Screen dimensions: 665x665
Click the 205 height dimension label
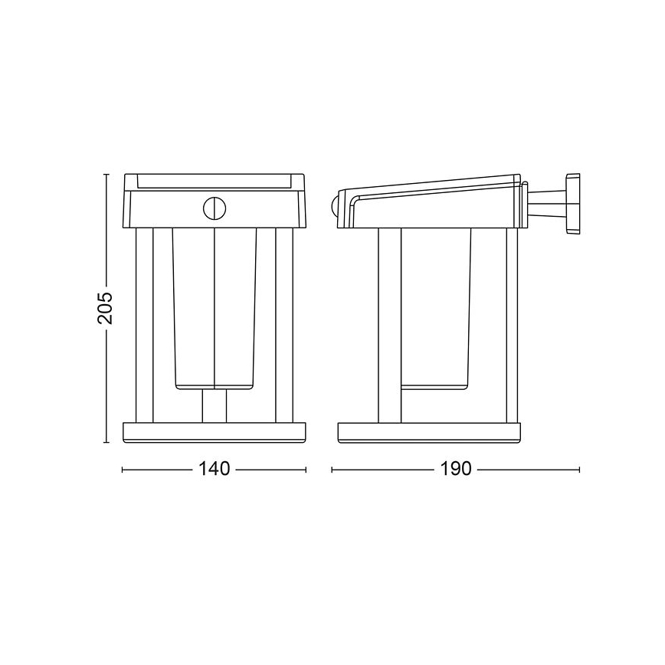pyautogui.click(x=105, y=308)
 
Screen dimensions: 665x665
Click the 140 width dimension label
pyautogui.click(x=215, y=469)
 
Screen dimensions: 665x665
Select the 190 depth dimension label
pyautogui.click(x=456, y=469)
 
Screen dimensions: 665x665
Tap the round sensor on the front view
pyautogui.click(x=215, y=208)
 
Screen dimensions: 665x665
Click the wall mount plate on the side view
pyautogui.click(x=573, y=203)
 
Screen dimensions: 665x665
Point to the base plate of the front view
pyautogui.click(x=215, y=433)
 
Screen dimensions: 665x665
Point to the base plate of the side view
pyautogui.click(x=429, y=433)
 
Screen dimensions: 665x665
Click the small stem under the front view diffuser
pyautogui.click(x=215, y=406)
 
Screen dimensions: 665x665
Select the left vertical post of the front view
pyautogui.click(x=144, y=326)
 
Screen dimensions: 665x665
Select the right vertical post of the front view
pyautogui.click(x=284, y=326)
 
